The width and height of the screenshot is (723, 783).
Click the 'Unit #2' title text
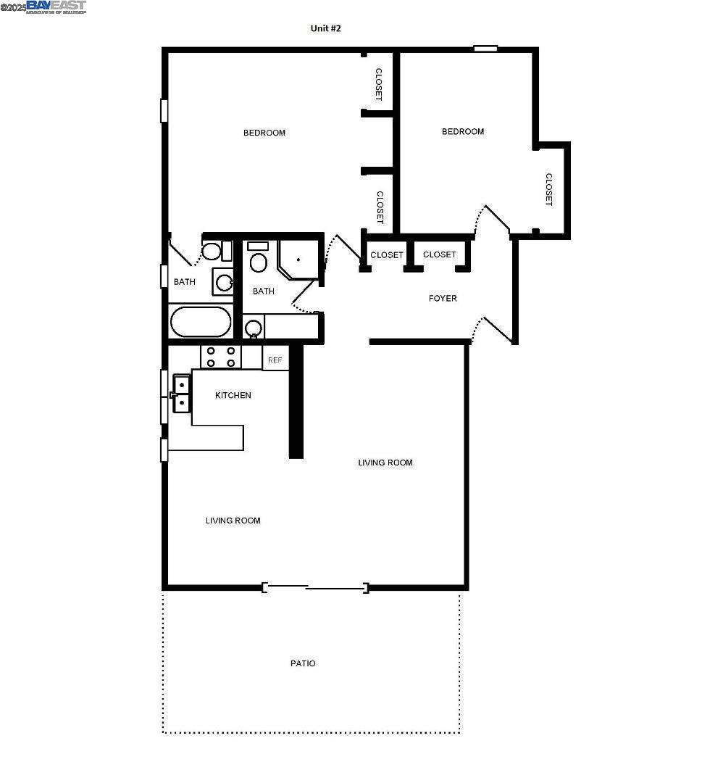tap(325, 28)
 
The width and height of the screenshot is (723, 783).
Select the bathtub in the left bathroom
tap(201, 322)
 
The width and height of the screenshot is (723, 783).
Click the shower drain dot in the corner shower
tap(298, 259)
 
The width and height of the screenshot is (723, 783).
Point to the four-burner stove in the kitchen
tap(221, 357)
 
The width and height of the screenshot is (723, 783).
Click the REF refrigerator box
tap(275, 360)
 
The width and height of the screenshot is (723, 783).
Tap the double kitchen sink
tap(182, 393)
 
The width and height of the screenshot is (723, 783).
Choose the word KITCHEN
tap(233, 395)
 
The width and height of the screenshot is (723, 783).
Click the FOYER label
tap(443, 298)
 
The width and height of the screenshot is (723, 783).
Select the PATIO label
tap(303, 663)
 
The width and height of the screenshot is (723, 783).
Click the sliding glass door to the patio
tap(315, 587)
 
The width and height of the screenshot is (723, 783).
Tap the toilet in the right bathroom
tap(258, 260)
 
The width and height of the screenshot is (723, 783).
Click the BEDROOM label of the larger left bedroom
tap(264, 133)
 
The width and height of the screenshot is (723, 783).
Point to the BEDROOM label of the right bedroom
tap(463, 131)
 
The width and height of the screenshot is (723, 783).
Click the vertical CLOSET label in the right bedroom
tap(549, 189)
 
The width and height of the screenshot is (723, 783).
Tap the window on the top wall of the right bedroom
tap(485, 49)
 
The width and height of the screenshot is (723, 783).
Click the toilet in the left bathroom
tap(211, 252)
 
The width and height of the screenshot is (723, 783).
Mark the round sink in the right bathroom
tap(253, 328)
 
